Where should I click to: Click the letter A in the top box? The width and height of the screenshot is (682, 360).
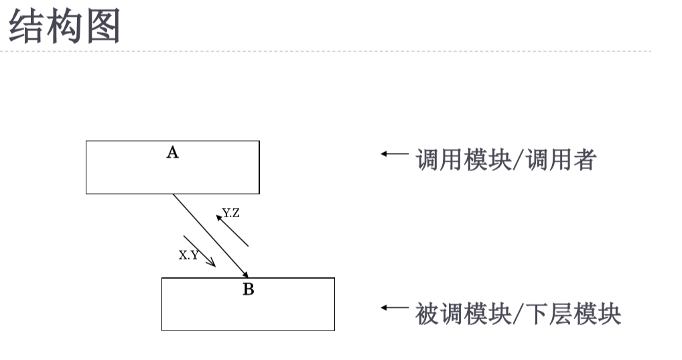click(172, 153)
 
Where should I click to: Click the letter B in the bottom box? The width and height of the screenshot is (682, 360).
click(248, 290)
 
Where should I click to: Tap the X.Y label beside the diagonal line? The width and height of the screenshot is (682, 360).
click(188, 255)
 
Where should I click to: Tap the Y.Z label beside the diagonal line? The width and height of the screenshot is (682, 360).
click(231, 213)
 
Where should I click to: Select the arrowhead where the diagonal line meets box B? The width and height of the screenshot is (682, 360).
click(247, 274)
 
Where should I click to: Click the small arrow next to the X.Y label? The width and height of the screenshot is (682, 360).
click(200, 251)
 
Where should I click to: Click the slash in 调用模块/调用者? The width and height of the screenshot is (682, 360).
click(520, 161)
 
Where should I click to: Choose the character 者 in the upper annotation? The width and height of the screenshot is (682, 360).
click(583, 161)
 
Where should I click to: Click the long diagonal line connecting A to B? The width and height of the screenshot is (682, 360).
click(210, 235)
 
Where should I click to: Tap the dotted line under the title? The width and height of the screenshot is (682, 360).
click(335, 51)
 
